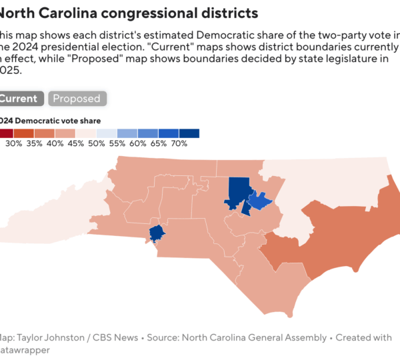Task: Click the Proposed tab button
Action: coord(77,99)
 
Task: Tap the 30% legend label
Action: coord(14,143)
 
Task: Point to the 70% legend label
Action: coord(179,143)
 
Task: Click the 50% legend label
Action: coord(97,143)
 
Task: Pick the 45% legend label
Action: coord(76,143)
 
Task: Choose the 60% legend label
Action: coord(138,143)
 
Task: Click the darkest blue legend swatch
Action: coord(189,133)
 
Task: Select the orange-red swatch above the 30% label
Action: coord(25,133)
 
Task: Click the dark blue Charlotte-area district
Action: coord(157,233)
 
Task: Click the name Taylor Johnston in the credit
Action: coord(48,338)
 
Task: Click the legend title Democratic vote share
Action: coord(59,121)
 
